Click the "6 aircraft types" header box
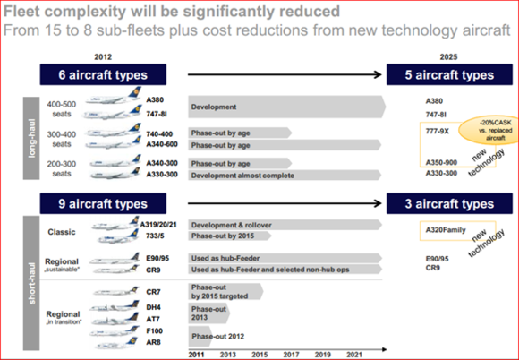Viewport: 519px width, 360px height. point(103,74)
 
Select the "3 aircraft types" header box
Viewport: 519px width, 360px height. point(449,203)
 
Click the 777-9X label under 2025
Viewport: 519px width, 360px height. point(437,131)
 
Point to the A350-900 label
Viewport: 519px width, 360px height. point(441,162)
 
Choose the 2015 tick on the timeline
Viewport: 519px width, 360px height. point(259,355)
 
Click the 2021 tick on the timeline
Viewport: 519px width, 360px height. point(354,355)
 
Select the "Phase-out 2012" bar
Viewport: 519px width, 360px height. point(200,336)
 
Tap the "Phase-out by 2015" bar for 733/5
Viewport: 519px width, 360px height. point(230,236)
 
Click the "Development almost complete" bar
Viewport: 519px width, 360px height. point(285,176)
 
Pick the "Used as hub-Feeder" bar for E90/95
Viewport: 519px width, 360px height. point(285,258)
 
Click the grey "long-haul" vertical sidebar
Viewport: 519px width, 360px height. point(31,138)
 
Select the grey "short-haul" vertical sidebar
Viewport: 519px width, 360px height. point(31,283)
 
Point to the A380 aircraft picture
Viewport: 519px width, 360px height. point(114,96)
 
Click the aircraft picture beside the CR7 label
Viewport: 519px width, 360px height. point(115,291)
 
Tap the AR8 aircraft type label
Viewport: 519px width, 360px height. point(153,342)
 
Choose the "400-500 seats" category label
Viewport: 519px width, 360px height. point(62,109)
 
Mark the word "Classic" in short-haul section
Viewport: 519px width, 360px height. point(62,232)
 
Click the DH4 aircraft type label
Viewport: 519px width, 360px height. point(153,307)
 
